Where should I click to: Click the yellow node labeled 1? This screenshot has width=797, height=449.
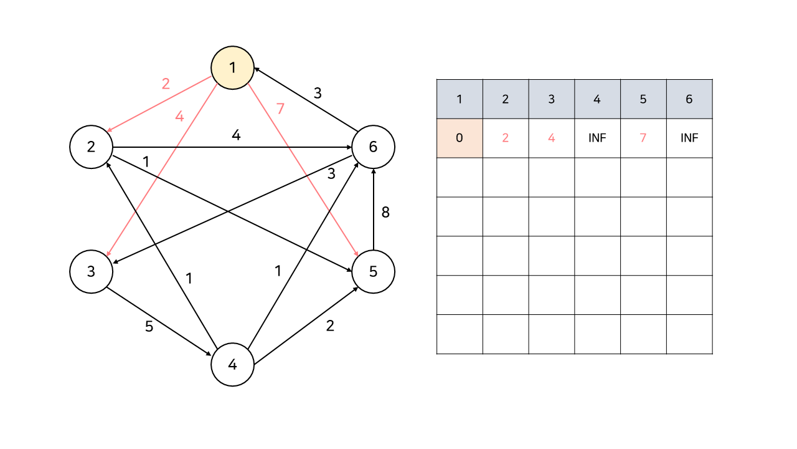click(233, 67)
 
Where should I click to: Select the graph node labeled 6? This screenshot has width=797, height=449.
click(373, 147)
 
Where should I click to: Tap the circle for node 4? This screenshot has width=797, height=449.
click(233, 365)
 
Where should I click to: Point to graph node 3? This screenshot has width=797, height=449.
click(92, 272)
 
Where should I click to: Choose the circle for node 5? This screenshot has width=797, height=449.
click(373, 272)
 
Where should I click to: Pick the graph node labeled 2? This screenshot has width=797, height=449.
click(92, 147)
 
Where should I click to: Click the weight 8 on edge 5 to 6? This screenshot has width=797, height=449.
click(385, 212)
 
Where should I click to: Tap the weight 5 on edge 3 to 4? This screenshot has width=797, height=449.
click(149, 326)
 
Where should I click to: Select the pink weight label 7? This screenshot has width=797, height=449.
click(280, 109)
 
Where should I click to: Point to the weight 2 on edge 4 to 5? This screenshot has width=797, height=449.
click(330, 325)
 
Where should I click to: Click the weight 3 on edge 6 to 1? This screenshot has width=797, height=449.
click(318, 94)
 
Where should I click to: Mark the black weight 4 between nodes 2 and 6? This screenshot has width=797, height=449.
click(236, 134)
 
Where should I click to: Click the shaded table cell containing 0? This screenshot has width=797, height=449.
click(460, 138)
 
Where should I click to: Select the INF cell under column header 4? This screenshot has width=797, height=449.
click(597, 138)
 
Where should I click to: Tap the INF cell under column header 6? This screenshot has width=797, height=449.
click(689, 138)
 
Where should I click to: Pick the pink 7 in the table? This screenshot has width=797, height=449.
click(643, 138)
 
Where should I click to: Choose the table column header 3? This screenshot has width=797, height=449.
click(552, 99)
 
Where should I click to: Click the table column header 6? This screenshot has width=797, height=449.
click(689, 99)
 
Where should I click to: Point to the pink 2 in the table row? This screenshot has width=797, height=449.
click(506, 138)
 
